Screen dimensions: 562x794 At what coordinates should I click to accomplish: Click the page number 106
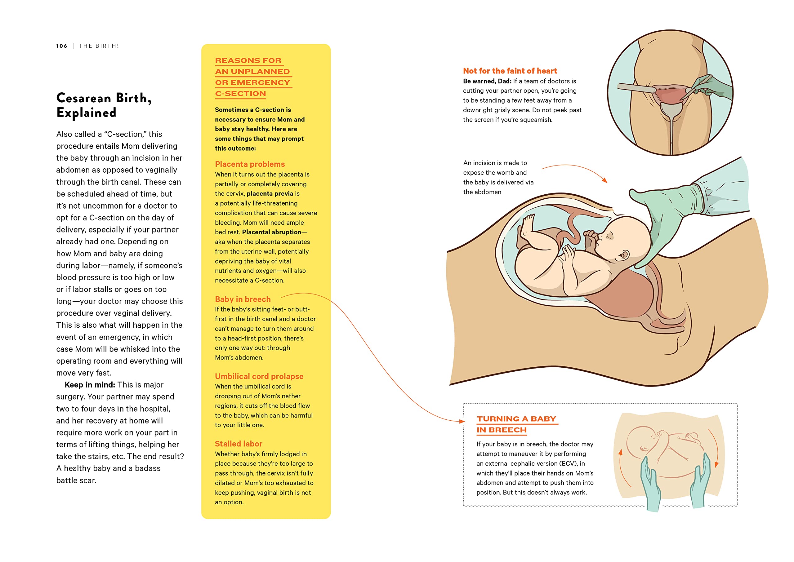click(x=62, y=46)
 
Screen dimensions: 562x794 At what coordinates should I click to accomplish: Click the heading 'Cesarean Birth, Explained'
click(x=104, y=105)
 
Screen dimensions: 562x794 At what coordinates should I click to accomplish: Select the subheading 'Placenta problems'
click(x=250, y=164)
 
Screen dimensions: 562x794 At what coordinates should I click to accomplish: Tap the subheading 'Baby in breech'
click(x=243, y=299)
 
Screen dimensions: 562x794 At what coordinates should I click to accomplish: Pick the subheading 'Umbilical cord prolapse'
click(x=259, y=376)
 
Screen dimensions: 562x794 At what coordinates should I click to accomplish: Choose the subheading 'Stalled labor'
click(x=238, y=444)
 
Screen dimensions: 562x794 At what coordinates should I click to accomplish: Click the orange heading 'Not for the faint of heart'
click(x=510, y=71)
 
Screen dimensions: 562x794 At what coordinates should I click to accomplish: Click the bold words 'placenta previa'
click(x=270, y=193)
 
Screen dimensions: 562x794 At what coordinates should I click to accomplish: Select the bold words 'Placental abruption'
click(x=271, y=232)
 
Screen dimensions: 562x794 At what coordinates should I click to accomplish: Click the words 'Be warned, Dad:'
click(x=487, y=81)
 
